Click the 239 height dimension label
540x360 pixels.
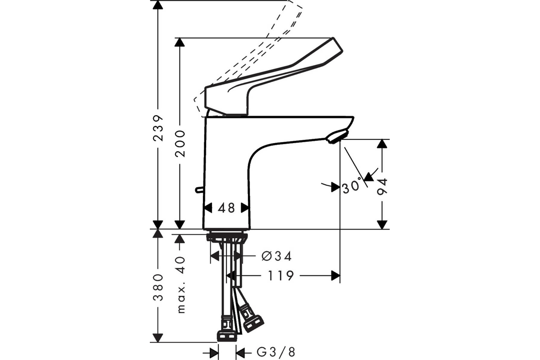click(158, 128)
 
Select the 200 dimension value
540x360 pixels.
click(180, 144)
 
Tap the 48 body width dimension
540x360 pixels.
click(226, 208)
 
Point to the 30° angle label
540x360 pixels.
click(352, 185)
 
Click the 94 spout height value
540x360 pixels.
click(382, 187)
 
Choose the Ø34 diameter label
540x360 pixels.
click(276, 256)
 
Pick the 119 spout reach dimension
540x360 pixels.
click(281, 275)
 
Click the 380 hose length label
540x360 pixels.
click(158, 287)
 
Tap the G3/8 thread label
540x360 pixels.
click(276, 352)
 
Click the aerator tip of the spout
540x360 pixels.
click(337, 137)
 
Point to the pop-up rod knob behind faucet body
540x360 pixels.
click(199, 190)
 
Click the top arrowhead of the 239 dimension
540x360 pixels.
click(158, 5)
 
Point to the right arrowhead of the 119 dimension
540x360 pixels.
click(336, 275)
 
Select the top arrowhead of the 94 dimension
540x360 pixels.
click(382, 144)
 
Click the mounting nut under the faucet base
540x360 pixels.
click(227, 237)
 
